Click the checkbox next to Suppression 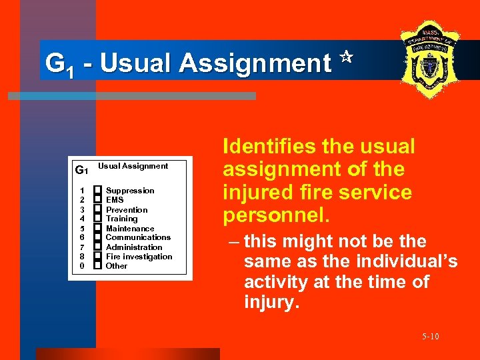97,191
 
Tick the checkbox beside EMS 97,200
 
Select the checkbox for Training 97,219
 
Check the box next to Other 97,265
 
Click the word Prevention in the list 127,210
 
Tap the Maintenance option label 130,229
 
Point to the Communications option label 138,237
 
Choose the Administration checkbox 97,247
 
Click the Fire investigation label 139,257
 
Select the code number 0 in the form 82,266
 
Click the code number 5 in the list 82,228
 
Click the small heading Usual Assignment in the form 133,166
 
